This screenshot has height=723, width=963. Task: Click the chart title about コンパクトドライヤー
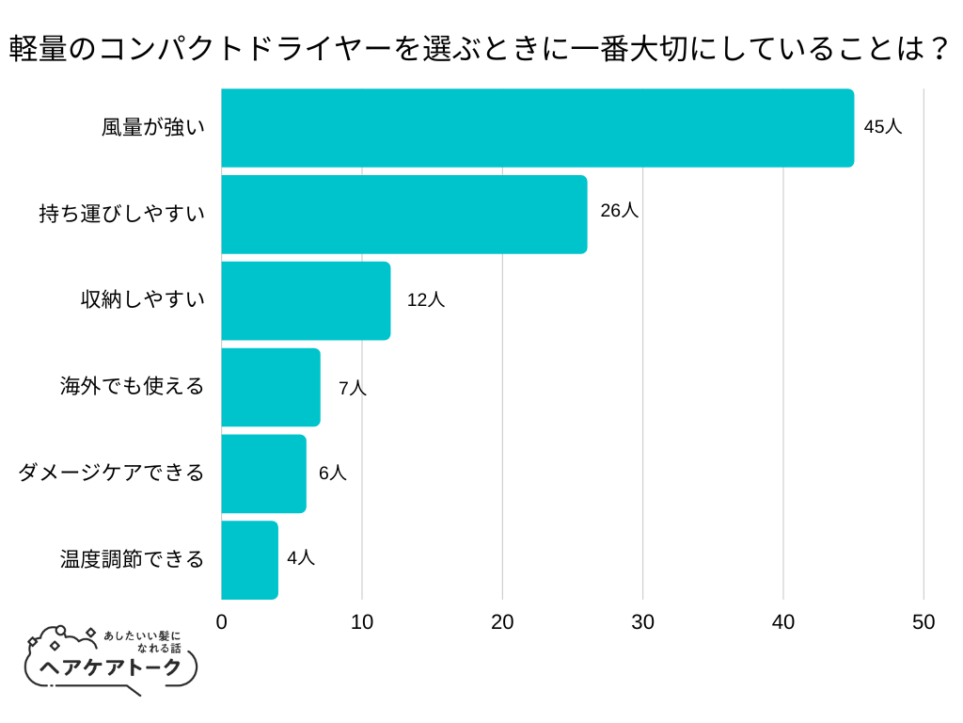481,48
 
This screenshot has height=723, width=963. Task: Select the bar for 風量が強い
537,128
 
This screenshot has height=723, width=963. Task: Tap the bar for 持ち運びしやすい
403,215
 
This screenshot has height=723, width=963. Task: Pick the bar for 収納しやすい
306,301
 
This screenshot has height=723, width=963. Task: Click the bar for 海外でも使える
271,387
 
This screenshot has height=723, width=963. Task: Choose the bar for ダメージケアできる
263,474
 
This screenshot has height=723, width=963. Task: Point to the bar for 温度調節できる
249,560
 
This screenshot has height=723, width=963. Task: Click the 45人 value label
882,127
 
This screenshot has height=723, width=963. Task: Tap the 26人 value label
619,211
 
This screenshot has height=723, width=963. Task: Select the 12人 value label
425,300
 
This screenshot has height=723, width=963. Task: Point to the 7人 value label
352,388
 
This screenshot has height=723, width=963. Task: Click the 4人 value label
301,558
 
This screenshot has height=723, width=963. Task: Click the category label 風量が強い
152,128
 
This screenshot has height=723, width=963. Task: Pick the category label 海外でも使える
132,386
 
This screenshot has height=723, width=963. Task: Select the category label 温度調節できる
132,559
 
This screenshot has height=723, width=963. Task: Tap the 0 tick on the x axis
222,622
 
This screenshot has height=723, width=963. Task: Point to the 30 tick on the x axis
643,622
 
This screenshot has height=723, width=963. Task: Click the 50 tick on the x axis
924,622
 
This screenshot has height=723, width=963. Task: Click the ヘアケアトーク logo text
111,667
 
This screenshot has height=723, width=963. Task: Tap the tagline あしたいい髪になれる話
141,642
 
